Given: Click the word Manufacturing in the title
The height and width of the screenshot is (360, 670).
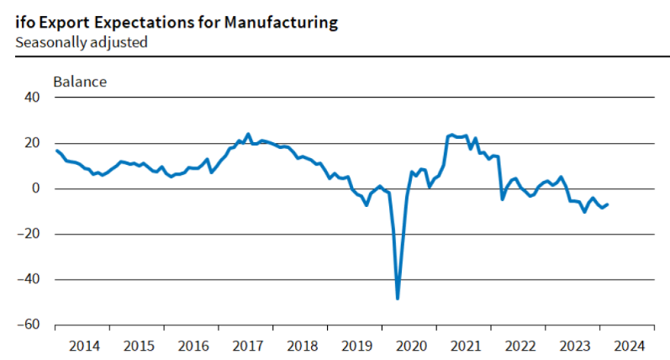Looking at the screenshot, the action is (x=281, y=22).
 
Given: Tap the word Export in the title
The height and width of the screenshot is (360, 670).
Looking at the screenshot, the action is (x=64, y=22).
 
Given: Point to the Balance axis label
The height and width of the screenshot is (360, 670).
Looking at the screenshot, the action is (x=80, y=82).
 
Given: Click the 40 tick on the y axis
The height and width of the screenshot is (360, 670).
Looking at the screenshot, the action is (x=32, y=97).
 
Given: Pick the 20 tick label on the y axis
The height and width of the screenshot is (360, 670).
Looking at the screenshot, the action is (x=32, y=143).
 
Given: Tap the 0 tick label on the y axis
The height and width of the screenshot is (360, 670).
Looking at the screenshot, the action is (x=35, y=188).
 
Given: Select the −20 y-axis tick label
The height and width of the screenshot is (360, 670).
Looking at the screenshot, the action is (x=29, y=234).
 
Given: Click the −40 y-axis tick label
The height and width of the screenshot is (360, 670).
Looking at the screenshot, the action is (x=29, y=279).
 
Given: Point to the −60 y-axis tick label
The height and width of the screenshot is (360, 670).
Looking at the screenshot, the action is (x=29, y=325).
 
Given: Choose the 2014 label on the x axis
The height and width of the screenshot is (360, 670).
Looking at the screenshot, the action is (x=84, y=346).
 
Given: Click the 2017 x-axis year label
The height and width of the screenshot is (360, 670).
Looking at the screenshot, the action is (x=248, y=346).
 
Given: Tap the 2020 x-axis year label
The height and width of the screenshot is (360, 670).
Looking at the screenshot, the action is (x=411, y=346).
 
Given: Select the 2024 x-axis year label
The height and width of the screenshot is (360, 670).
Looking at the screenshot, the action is (x=630, y=346).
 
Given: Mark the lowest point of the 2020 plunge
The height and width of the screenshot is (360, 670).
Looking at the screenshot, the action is (x=398, y=299).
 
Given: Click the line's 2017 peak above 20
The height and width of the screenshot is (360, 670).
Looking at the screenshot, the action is (x=248, y=135).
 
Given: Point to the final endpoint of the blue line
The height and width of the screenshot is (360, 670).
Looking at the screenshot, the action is (x=607, y=204).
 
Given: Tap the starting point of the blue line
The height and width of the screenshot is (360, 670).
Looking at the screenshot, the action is (x=57, y=150).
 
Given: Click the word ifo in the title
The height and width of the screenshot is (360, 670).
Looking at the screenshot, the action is (x=25, y=22).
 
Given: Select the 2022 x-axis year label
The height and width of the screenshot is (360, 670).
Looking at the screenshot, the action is (x=520, y=346).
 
